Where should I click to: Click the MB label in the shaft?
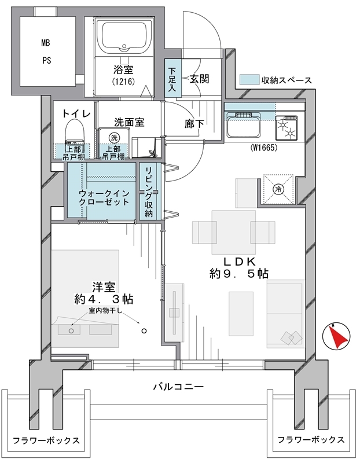point(46,43)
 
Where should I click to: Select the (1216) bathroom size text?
point(123,82)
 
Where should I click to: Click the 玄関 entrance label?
point(199,79)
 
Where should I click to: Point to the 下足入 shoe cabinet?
point(172,79)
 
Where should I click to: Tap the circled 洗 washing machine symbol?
point(114,137)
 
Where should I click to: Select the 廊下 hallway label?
point(194,124)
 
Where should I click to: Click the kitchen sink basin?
point(243,126)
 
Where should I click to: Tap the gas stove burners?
point(287,128)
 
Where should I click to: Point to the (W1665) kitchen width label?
point(264,148)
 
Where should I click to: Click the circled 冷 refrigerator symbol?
point(278,189)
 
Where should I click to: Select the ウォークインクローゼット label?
point(104,198)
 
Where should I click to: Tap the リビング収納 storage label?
point(149,192)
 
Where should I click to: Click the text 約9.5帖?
point(239,274)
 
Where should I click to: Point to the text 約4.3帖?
point(104,299)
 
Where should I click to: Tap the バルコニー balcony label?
point(178,387)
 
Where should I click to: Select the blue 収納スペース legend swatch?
point(248,80)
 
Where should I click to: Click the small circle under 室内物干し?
point(144,330)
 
